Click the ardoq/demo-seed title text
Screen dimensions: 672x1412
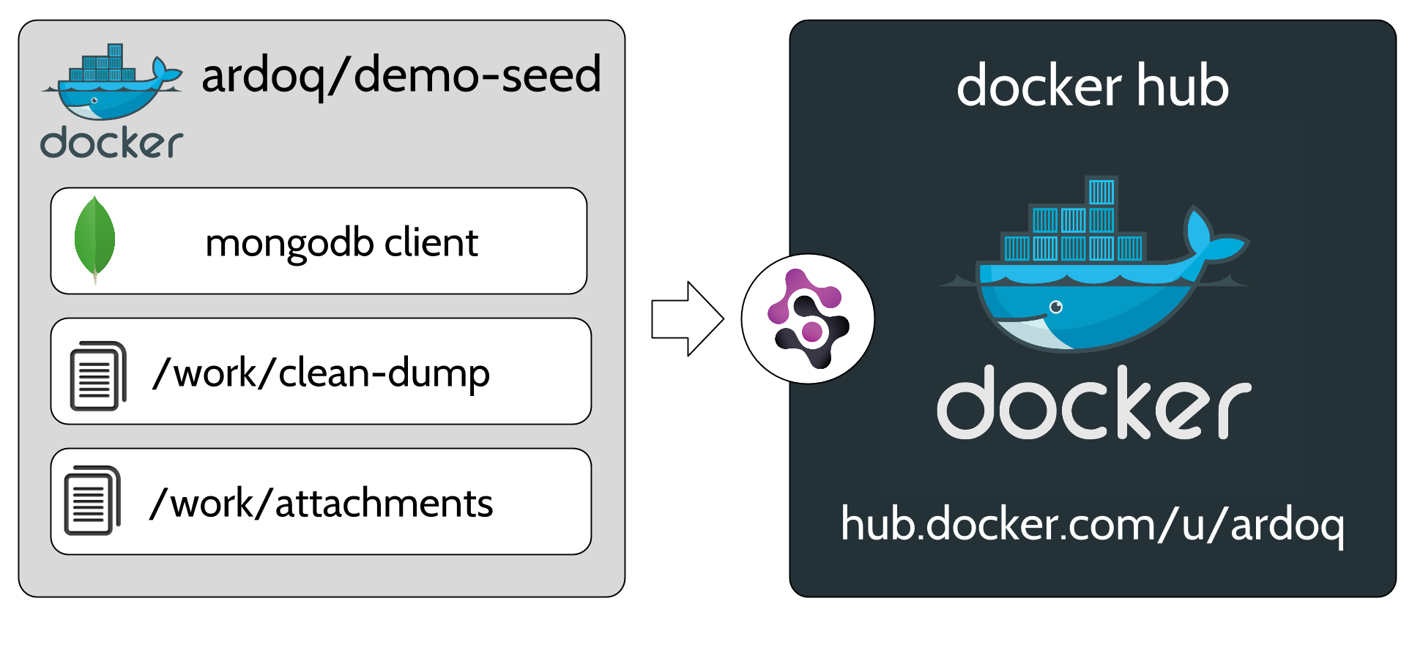tap(401, 75)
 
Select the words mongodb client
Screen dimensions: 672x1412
tap(341, 242)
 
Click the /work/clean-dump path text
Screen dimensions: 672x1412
tap(321, 373)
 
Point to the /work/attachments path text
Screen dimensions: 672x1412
tap(321, 504)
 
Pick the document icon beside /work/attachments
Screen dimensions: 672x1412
tap(92, 501)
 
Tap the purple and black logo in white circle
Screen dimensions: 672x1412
tap(808, 319)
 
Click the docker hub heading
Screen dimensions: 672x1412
tap(1092, 86)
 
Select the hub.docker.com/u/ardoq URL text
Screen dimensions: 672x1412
tap(1092, 524)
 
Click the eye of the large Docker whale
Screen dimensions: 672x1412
tap(1055, 307)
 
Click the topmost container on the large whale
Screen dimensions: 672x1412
tap(1101, 192)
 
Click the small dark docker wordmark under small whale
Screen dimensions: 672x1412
tap(111, 143)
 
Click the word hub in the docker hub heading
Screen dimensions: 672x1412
tap(1182, 86)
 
